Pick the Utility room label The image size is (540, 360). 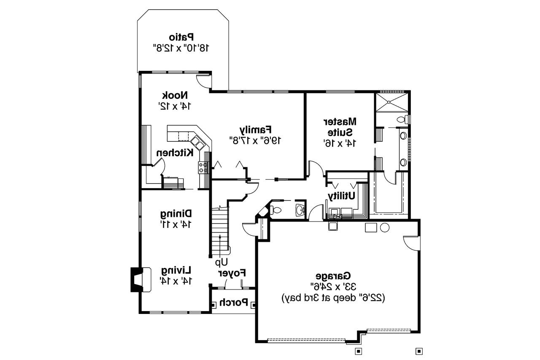tap(342, 196)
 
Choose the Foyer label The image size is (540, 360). tap(232, 273)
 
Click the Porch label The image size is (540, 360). tap(233, 303)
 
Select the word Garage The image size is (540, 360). tap(334, 276)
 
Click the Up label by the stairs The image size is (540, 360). tap(221, 262)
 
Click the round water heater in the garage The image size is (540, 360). tap(385, 228)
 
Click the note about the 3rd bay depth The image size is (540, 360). tap(333, 298)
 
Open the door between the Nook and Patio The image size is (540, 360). tap(203, 81)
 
